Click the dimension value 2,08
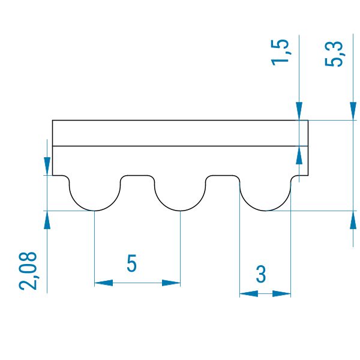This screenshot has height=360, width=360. tap(28, 271)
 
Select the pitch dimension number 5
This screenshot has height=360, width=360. tap(132, 263)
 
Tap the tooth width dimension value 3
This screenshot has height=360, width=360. tap(261, 274)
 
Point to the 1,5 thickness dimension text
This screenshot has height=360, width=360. tap(280, 53)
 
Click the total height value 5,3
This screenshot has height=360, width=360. tap(334, 54)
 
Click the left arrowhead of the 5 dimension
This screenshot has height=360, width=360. tap(104, 283)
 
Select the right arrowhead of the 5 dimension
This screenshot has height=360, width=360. tap(171, 283)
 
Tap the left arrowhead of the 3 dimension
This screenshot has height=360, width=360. tap(248, 293)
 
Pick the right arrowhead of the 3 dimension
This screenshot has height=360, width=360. tap(282, 293)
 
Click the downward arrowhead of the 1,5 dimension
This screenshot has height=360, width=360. tap(299, 111)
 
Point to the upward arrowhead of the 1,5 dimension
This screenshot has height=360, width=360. tap(299, 155)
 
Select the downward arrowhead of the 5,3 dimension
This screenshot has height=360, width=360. tap(353, 111)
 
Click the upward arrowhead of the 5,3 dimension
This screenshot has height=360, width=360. tap(353, 220)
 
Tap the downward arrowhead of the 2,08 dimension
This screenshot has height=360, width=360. tap(47, 166)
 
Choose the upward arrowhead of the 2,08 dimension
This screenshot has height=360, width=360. tap(47, 220)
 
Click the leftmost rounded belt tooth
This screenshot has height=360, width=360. tap(95, 194)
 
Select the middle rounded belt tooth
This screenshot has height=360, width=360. tap(180, 194)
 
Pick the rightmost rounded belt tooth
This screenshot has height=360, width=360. tap(265, 194)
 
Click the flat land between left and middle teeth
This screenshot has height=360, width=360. tap(137, 176)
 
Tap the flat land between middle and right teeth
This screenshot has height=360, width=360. tap(223, 176)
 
